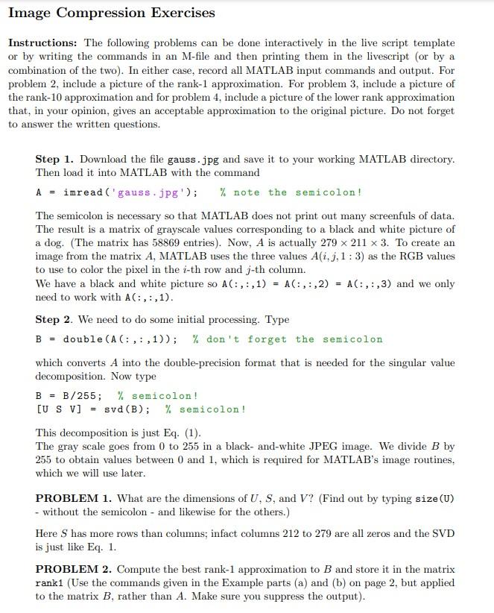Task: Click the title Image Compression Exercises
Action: click(112, 13)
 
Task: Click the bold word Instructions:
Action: click(43, 43)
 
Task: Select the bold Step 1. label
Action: click(54, 159)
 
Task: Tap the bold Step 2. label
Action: click(54, 319)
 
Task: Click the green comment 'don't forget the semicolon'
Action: click(287, 339)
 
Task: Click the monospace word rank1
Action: click(50, 582)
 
